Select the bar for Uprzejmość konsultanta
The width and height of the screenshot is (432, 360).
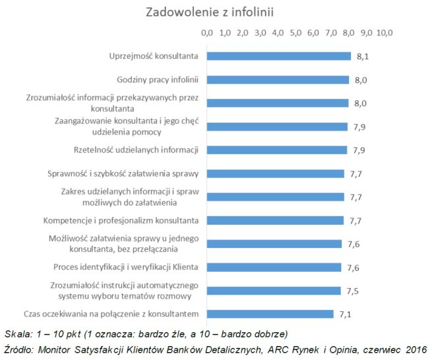(278, 56)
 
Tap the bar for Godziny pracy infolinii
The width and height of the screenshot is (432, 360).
(278, 80)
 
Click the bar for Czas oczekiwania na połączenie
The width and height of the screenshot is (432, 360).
(270, 314)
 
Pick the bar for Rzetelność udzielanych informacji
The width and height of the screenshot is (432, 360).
(277, 150)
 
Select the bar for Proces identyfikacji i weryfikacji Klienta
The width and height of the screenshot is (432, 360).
(274, 267)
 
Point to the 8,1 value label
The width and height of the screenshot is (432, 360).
(361, 57)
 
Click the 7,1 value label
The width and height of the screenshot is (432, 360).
(345, 314)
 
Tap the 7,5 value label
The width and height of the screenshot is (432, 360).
(352, 291)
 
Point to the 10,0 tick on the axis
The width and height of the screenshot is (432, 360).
(385, 32)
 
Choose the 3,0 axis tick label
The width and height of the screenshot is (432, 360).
(260, 32)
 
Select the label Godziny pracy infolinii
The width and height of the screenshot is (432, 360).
(158, 80)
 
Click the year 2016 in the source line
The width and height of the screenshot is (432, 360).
(415, 348)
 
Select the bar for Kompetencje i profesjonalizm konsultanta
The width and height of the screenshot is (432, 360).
(275, 220)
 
